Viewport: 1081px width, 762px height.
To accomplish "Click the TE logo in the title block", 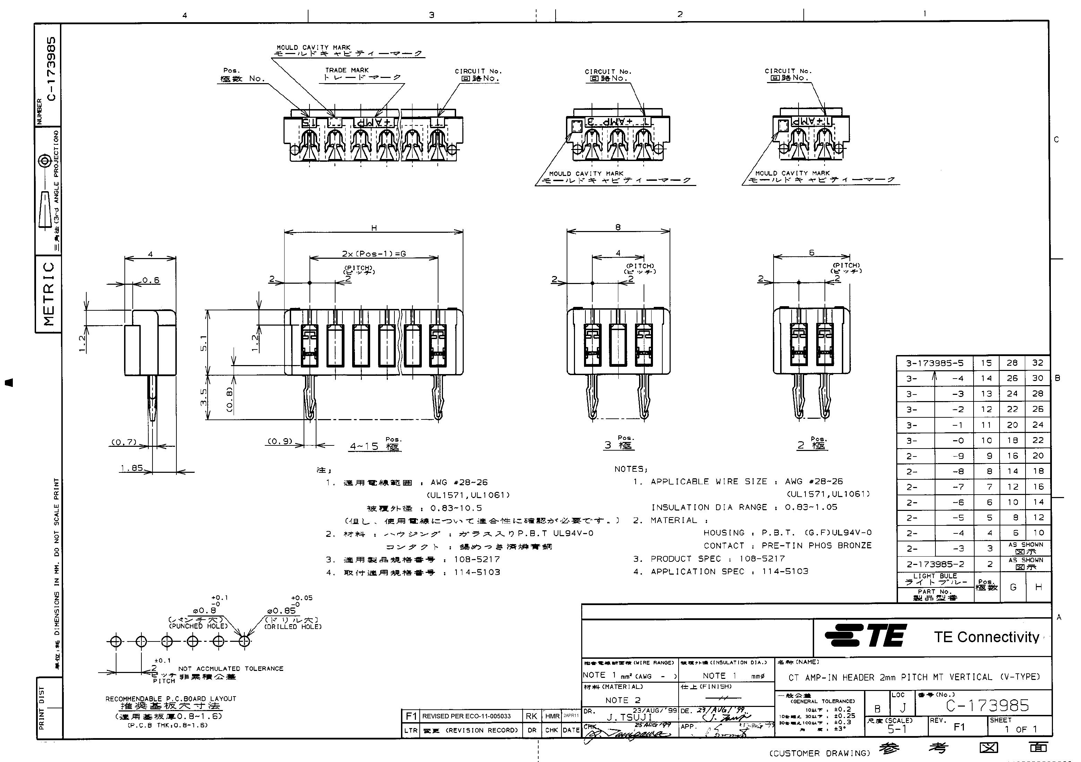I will pyautogui.click(x=865, y=636).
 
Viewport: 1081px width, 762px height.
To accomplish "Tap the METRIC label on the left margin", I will pyautogui.click(x=49, y=294).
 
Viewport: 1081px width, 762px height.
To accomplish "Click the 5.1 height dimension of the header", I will pyautogui.click(x=203, y=342).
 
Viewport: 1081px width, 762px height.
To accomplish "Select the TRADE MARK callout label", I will pyautogui.click(x=347, y=70).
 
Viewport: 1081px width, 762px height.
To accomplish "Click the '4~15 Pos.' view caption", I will pyautogui.click(x=374, y=445).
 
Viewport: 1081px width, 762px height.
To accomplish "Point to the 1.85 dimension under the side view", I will pyautogui.click(x=131, y=468).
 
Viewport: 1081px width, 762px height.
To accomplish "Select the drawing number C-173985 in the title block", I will pyautogui.click(x=987, y=705).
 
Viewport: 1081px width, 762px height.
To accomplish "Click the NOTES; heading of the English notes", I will pyautogui.click(x=631, y=469).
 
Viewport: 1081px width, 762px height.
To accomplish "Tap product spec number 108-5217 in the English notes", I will pyautogui.click(x=762, y=558).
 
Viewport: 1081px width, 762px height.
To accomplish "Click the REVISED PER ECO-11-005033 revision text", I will pyautogui.click(x=466, y=716).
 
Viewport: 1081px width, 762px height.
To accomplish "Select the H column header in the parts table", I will pyautogui.click(x=1039, y=587).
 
